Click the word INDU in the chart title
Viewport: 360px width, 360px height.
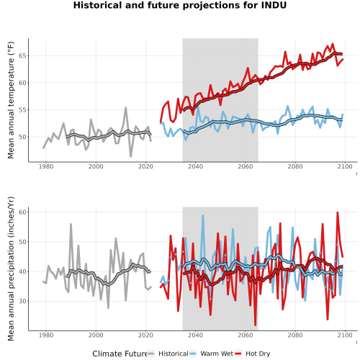[274, 5]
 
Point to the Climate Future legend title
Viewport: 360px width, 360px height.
[120, 354]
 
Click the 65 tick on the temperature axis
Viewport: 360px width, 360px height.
[24, 55]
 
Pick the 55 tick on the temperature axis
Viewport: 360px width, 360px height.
[24, 110]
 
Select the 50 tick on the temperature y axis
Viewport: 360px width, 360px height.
[24, 137]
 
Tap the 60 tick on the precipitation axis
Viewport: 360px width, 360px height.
[24, 212]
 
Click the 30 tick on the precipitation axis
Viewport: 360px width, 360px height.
[24, 301]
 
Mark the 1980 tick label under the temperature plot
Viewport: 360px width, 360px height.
[46, 166]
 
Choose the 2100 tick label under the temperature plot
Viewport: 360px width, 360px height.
[345, 166]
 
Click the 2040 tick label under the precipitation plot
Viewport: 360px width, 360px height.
[195, 335]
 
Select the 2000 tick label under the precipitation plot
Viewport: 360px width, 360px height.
[96, 335]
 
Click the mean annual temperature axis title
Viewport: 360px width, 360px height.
[11, 100]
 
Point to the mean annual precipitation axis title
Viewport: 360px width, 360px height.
[11, 269]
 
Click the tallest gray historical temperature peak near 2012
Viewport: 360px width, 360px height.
[125, 108]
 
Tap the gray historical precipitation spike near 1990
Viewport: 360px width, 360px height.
[71, 225]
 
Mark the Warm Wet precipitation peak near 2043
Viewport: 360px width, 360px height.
[203, 216]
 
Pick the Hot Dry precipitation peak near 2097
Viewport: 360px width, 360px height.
[338, 212]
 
